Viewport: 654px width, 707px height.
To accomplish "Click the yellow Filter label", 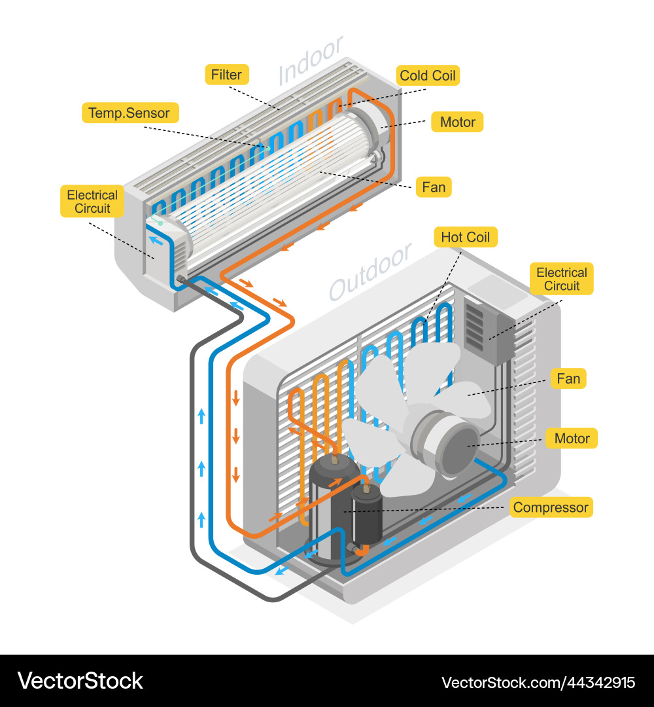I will (x=226, y=75).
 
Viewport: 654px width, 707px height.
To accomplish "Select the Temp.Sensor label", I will (x=129, y=113).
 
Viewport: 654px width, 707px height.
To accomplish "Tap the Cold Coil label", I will (x=427, y=75).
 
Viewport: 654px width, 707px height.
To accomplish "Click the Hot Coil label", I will (x=465, y=237).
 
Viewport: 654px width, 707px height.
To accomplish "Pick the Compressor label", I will (x=551, y=507).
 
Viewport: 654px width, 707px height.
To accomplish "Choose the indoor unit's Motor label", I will (x=457, y=122).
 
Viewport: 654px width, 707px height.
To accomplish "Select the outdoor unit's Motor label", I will (x=572, y=439).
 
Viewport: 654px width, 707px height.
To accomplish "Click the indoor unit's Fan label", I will (x=434, y=187).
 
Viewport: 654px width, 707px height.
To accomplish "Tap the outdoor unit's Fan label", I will (x=568, y=378).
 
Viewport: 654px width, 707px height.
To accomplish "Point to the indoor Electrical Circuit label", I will (x=92, y=202).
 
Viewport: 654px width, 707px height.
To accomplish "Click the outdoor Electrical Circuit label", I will (x=562, y=279).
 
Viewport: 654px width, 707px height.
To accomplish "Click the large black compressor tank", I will (x=332, y=511).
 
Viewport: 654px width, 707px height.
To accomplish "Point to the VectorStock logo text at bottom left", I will (x=80, y=681).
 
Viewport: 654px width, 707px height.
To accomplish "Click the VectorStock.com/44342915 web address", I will (x=538, y=682).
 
